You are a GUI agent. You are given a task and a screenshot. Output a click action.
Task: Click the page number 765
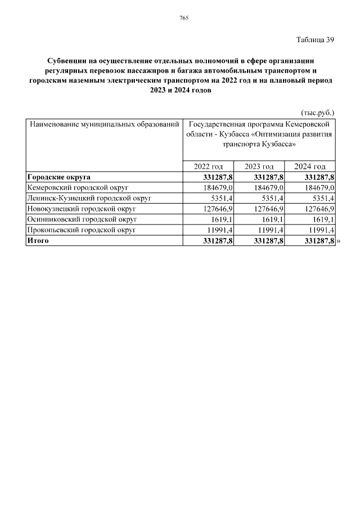click(x=183, y=19)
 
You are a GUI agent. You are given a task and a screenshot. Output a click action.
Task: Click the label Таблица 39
click(x=315, y=39)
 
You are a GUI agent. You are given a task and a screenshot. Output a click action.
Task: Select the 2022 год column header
click(x=208, y=166)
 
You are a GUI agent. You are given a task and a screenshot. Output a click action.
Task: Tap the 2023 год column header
click(x=259, y=166)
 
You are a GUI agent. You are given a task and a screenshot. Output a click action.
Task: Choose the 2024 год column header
click(x=310, y=166)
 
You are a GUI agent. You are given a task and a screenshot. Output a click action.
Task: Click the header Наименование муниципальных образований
click(x=104, y=123)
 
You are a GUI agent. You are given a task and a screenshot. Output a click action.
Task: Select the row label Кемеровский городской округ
click(x=78, y=187)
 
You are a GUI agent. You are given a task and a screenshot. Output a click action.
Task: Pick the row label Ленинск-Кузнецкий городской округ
click(x=89, y=198)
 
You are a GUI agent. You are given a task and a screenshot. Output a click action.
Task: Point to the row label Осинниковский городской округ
click(x=82, y=219)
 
